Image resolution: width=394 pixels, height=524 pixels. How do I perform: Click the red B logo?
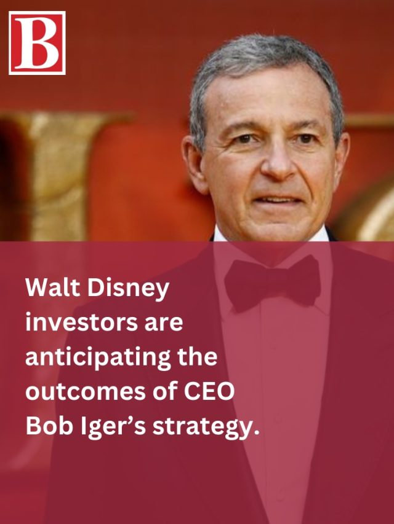tap(37, 42)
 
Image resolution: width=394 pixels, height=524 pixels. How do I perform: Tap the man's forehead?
tap(271, 101)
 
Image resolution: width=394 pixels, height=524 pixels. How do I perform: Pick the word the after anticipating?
tap(197, 358)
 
